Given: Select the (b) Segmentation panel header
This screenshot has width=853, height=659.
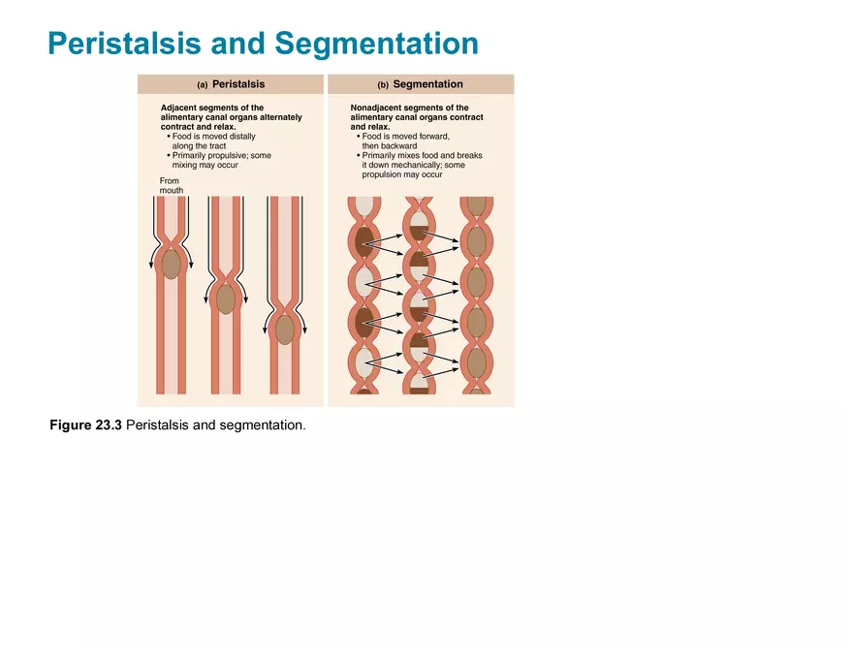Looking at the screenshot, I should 421,84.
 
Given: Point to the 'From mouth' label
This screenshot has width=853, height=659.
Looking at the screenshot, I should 172,185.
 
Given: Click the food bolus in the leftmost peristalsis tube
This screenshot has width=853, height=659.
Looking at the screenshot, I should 172,264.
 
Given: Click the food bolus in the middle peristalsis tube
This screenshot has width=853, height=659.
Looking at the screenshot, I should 226,299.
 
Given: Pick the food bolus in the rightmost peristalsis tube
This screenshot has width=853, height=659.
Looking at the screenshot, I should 284,329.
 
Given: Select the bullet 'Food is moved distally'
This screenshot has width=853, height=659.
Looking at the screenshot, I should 214,137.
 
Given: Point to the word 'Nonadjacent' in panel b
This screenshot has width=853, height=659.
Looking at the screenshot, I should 376,109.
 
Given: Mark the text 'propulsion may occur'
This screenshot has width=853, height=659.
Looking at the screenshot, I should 401,174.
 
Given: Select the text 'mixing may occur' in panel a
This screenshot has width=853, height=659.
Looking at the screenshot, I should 205,165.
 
